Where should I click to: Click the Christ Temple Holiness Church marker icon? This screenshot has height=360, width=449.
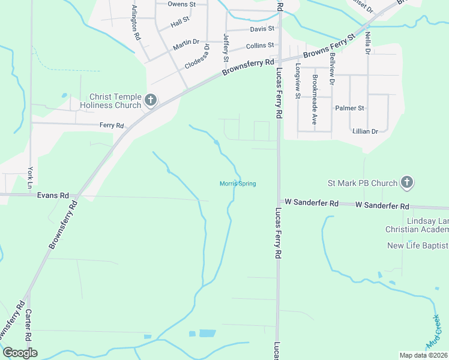[151, 100]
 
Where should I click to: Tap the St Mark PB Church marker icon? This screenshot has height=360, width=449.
[407, 183]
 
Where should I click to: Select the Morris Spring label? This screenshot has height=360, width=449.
[238, 184]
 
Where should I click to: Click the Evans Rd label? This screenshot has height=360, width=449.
[53, 196]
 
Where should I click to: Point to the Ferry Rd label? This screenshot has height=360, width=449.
[112, 125]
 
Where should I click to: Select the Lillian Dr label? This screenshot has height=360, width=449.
[365, 131]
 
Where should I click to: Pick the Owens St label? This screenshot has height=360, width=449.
[182, 4]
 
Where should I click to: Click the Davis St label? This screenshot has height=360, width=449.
[262, 28]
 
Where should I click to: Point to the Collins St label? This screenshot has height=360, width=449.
[260, 45]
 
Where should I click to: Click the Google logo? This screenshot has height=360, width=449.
[20, 353]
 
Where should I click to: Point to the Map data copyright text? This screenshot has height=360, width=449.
[423, 355]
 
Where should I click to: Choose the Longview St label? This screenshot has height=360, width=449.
[297, 83]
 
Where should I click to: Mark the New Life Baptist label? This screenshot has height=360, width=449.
[417, 245]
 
